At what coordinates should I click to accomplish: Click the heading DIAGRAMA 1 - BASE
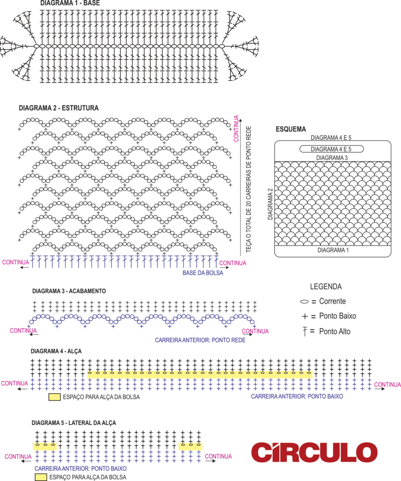click(x=70, y=3)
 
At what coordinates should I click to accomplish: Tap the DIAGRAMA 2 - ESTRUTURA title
click(x=59, y=108)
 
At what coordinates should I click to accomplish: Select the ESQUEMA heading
click(x=291, y=129)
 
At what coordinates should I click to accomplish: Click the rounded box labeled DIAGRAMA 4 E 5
click(x=331, y=149)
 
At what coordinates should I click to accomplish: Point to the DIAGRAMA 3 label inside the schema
click(x=332, y=158)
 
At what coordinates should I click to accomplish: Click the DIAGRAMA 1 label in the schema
click(x=333, y=250)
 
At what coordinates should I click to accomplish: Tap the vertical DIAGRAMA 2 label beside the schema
click(x=270, y=204)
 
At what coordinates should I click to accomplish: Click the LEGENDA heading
click(x=326, y=287)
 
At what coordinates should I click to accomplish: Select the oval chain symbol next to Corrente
click(x=304, y=302)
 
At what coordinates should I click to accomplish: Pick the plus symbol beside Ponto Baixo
click(x=305, y=316)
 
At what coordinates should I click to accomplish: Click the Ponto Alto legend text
click(x=335, y=331)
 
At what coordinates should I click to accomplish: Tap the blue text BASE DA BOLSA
click(x=203, y=273)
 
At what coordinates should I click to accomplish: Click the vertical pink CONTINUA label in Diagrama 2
click(x=236, y=129)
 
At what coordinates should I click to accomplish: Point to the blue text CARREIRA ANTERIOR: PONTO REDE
click(x=200, y=340)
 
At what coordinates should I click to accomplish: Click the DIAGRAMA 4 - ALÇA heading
click(x=56, y=351)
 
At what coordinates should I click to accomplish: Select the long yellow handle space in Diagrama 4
click(x=200, y=374)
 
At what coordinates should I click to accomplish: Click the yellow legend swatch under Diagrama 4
click(x=55, y=397)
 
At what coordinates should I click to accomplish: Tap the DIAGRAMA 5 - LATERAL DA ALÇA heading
click(x=74, y=423)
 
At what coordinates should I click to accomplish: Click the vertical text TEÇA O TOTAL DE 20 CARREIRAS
click(x=248, y=189)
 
